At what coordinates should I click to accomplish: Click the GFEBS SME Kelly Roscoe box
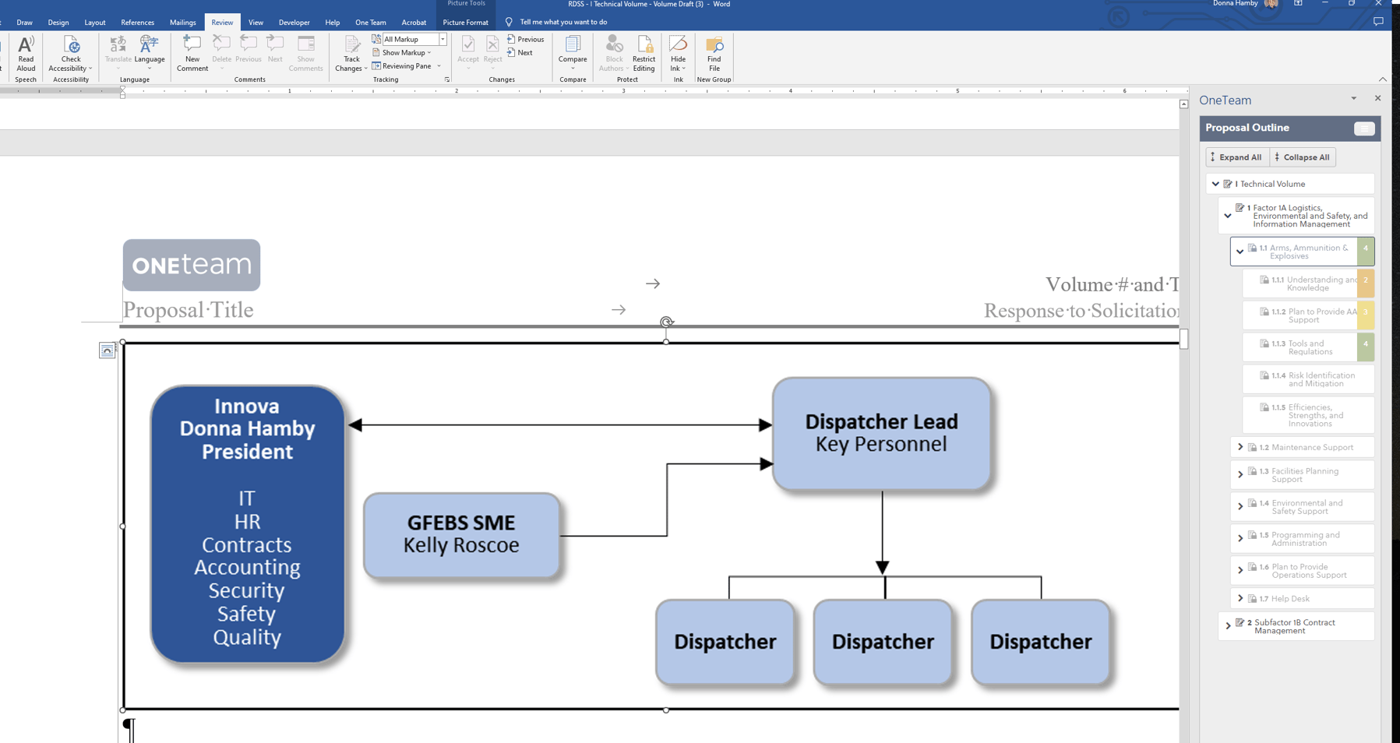coord(461,535)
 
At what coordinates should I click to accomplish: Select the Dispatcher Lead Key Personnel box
coord(881,433)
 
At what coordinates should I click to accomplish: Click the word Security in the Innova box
coord(246,590)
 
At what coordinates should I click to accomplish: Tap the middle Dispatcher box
coord(882,642)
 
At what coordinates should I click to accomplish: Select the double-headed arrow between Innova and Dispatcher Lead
coord(559,425)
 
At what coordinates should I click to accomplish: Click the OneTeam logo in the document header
coord(192,265)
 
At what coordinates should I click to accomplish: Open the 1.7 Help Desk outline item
coord(1290,599)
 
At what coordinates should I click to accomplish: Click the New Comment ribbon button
coord(192,53)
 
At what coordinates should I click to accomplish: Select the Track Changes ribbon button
coord(351,53)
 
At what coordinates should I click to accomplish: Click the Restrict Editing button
coord(644,53)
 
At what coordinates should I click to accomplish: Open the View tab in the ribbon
coord(256,23)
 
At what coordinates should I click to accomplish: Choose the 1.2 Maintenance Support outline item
coord(1312,447)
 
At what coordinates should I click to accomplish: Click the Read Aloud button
coord(26,53)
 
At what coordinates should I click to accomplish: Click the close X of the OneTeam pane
coord(1377,98)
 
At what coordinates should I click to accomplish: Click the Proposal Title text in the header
coord(189,310)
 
